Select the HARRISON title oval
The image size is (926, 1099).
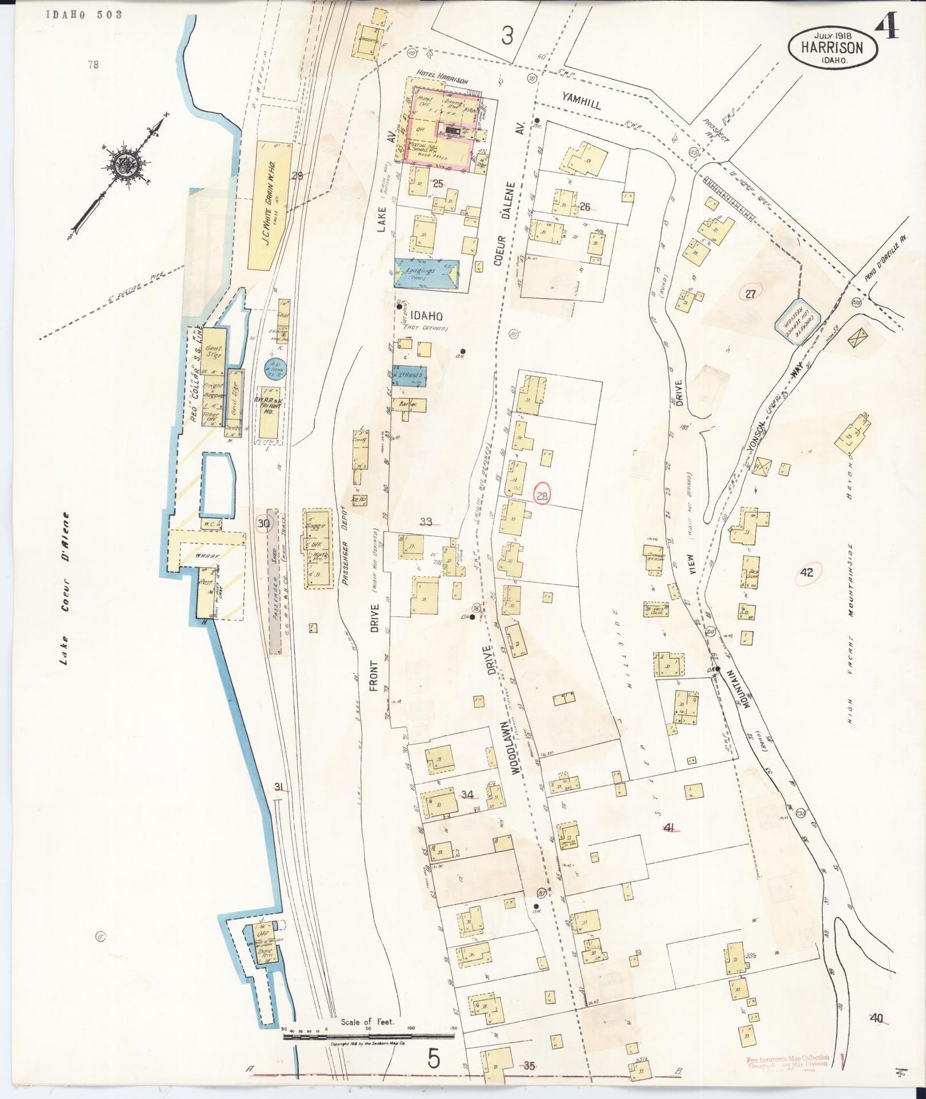click(832, 47)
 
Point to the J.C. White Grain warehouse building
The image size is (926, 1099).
click(269, 205)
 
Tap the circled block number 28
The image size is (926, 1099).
click(543, 496)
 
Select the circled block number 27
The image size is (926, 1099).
click(750, 294)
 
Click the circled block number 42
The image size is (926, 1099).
click(807, 573)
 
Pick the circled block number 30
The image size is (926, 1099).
click(263, 524)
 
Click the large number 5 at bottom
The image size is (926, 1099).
click(434, 1059)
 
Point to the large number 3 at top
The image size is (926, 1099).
click(508, 37)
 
